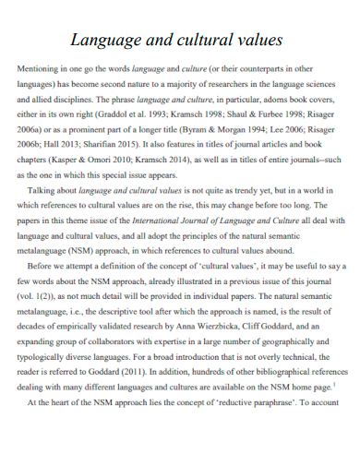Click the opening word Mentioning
click(42, 69)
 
